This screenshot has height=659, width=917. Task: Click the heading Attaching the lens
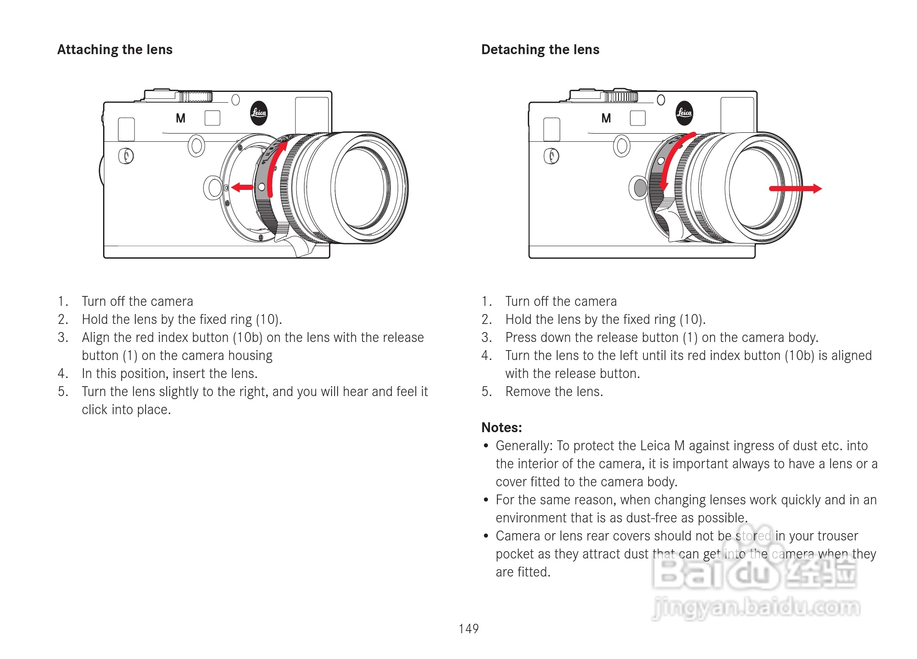pos(115,49)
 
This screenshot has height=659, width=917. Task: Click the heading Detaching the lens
pos(540,49)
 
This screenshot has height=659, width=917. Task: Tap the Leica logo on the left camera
pos(259,113)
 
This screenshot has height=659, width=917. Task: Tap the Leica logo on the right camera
pos(684,113)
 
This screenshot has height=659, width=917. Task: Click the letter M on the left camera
pos(180,118)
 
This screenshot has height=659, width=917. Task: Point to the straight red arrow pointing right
pos(795,188)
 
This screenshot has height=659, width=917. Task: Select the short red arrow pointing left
pos(242,187)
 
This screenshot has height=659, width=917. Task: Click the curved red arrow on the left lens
pos(273,168)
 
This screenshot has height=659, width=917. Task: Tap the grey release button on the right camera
pos(640,188)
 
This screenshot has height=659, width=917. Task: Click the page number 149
pos(468,628)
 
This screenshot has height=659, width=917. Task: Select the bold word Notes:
pos(501,427)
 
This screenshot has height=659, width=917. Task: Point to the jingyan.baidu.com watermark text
pos(756,607)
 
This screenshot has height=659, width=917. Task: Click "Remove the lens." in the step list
pos(554,391)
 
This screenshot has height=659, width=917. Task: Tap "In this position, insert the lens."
pos(170,373)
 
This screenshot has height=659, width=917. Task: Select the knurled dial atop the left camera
pos(195,96)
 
